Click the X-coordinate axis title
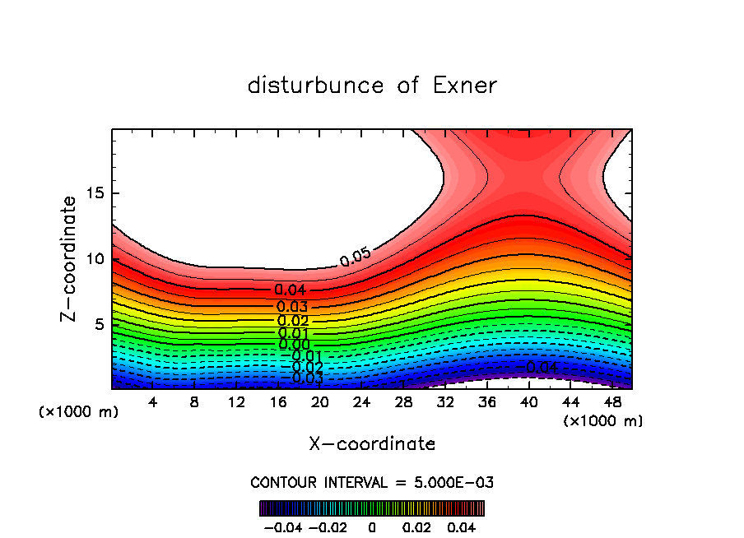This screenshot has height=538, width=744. point(372,444)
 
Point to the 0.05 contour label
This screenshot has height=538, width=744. point(356,257)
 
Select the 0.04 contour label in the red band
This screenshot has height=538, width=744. point(291,290)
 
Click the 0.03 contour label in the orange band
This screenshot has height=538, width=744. point(292,306)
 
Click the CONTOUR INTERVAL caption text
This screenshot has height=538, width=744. point(372,482)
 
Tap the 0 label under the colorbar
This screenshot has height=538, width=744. point(372,526)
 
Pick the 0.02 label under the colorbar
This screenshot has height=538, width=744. point(417,526)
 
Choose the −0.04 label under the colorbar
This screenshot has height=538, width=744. point(282,526)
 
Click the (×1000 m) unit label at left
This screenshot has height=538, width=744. point(79,412)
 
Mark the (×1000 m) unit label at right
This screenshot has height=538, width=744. point(603,421)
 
